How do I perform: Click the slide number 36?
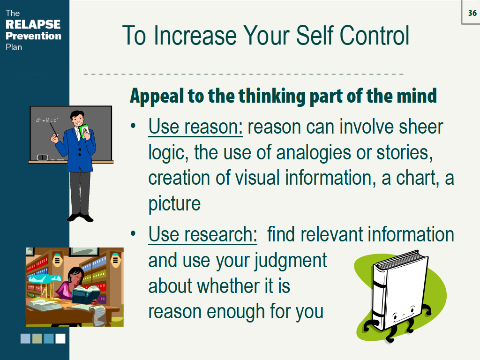pyautogui.click(x=472, y=13)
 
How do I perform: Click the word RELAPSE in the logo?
pyautogui.click(x=33, y=24)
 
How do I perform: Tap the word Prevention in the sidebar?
pyautogui.click(x=33, y=36)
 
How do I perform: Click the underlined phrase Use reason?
pyautogui.click(x=195, y=127)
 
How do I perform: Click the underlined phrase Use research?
pyautogui.click(x=202, y=234)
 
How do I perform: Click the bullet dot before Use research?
pyautogui.click(x=133, y=234)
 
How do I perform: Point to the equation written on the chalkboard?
pyautogui.click(x=47, y=120)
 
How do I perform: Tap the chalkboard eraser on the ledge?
pyautogui.click(x=43, y=157)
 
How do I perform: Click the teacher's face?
pyautogui.click(x=78, y=120)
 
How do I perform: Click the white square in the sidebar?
pyautogui.click(x=60, y=338)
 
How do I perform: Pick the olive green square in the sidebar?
pyautogui.click(x=37, y=338)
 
